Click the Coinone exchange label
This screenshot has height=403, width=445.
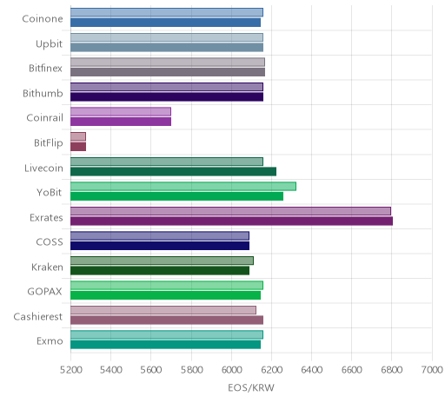click(43, 19)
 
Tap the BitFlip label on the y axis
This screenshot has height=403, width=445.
click(49, 143)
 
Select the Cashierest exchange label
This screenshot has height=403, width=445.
click(38, 316)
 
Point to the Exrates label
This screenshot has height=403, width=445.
click(46, 217)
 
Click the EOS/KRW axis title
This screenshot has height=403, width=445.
click(251, 387)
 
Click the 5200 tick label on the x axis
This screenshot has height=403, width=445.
click(70, 370)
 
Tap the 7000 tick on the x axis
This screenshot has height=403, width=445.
click(432, 370)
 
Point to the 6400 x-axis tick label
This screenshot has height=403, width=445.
click(311, 370)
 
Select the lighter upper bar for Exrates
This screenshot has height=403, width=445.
click(230, 211)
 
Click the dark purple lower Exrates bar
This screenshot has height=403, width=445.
click(231, 221)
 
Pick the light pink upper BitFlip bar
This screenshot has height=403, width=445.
click(78, 136)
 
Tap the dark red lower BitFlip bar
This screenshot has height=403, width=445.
click(78, 147)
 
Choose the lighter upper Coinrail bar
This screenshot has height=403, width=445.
click(121, 112)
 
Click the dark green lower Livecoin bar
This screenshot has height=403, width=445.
click(173, 171)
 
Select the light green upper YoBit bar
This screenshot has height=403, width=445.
click(183, 186)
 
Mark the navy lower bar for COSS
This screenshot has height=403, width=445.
click(160, 246)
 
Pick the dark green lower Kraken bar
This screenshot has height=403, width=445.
click(160, 271)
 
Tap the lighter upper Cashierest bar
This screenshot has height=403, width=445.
click(163, 310)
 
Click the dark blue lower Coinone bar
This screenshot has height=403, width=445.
click(165, 23)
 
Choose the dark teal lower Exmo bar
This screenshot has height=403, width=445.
click(165, 345)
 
